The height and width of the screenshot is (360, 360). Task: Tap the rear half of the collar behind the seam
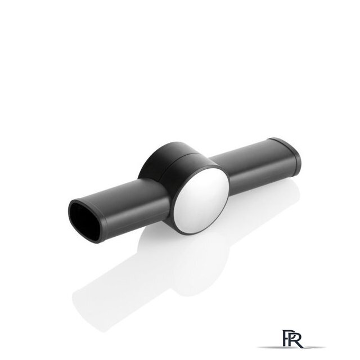click(159, 161)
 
